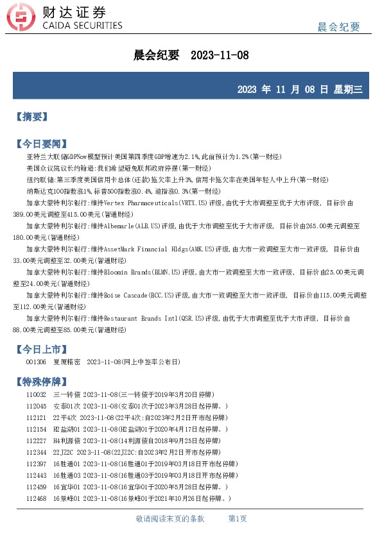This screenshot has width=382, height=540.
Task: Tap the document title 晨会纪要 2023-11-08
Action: [191, 56]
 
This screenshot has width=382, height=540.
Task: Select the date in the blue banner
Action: [300, 89]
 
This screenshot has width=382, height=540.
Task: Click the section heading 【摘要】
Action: [31, 117]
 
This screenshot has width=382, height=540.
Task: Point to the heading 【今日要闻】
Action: [40, 143]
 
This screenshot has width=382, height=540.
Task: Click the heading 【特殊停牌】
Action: [40, 382]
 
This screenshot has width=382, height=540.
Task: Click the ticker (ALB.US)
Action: [164, 226]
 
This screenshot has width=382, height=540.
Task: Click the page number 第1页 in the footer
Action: [238, 519]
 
